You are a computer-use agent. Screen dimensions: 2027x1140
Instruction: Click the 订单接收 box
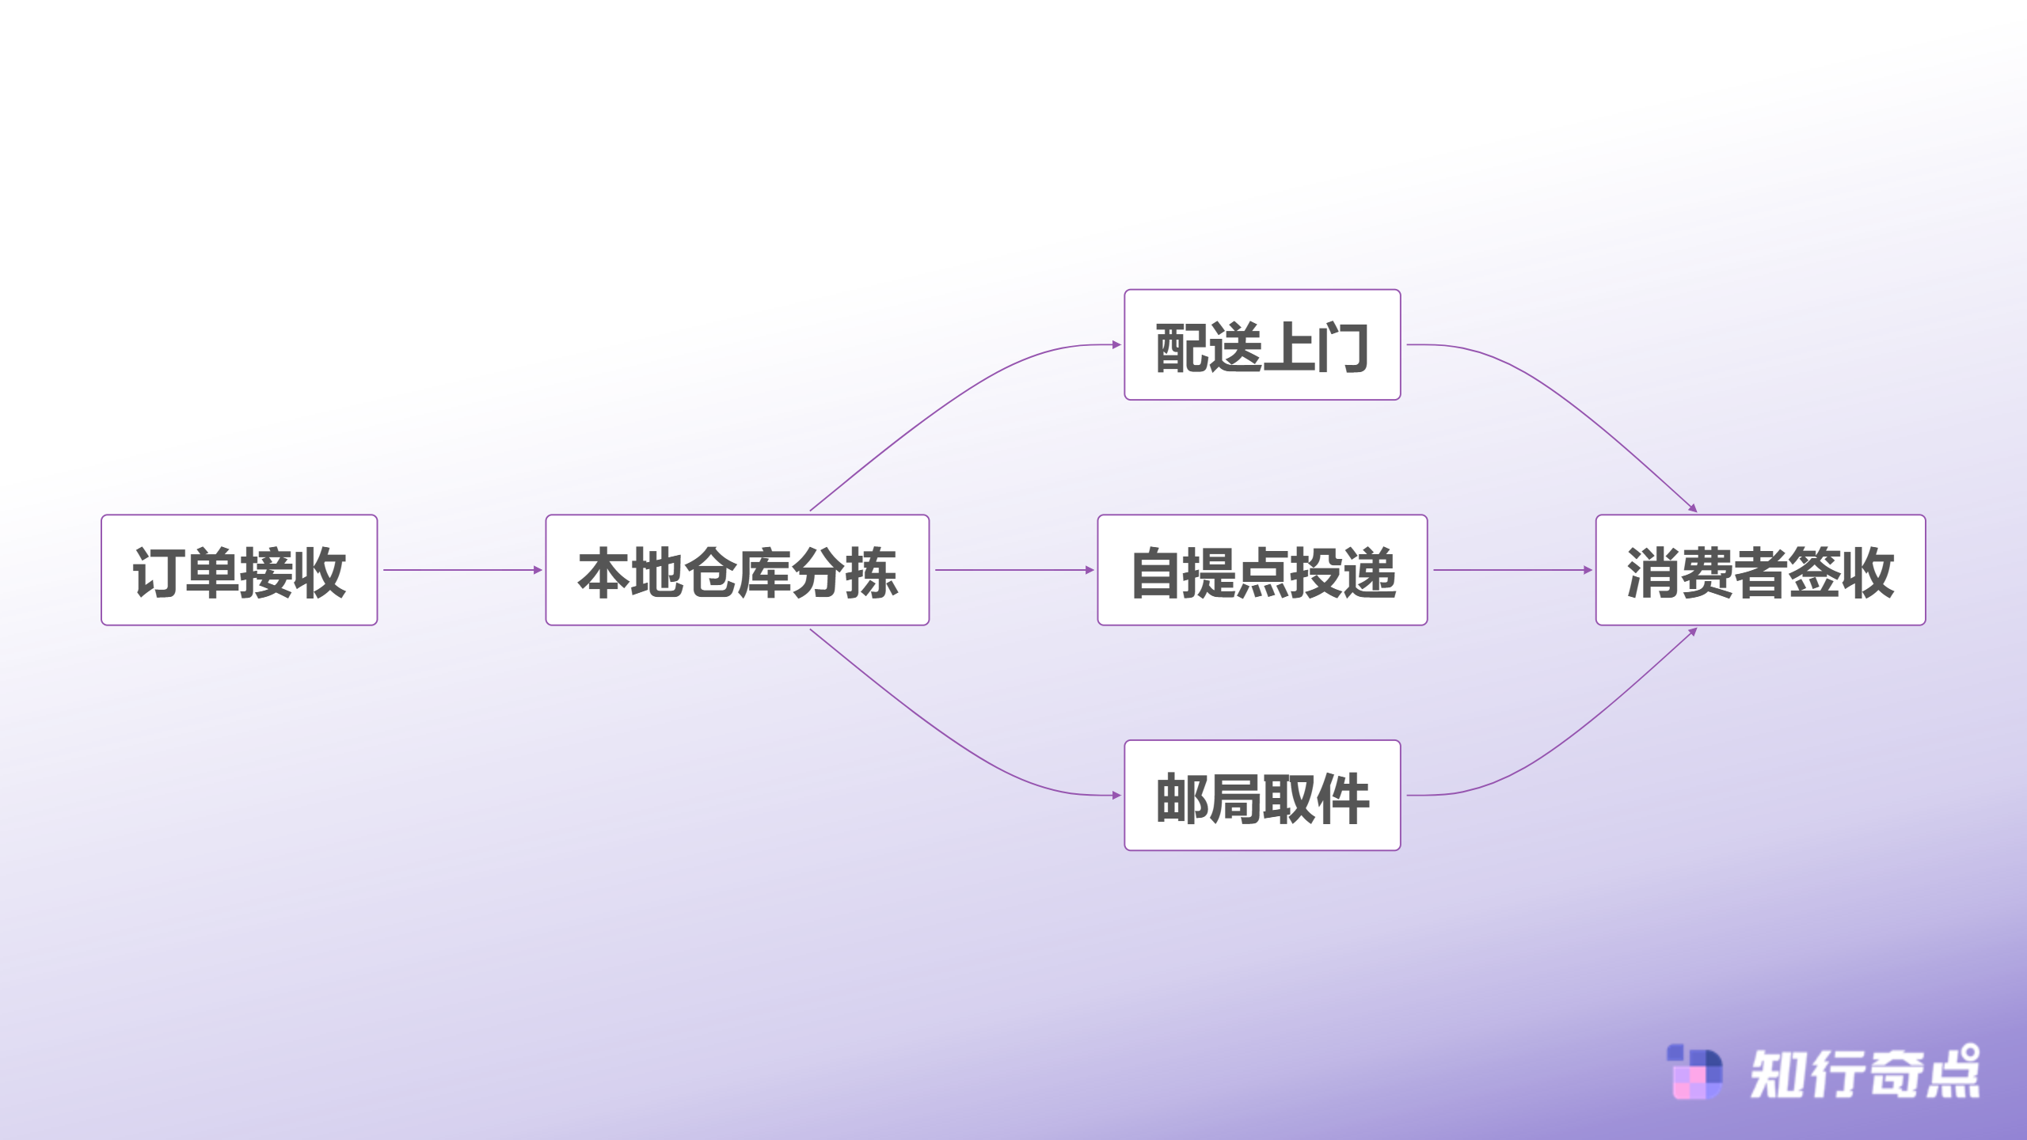[239, 570]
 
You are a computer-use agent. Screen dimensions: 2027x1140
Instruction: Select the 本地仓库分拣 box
[737, 570]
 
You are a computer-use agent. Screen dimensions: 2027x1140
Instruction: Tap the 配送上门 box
[1262, 345]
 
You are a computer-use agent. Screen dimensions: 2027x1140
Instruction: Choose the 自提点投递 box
[1262, 570]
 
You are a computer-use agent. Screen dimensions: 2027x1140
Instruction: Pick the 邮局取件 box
[1262, 796]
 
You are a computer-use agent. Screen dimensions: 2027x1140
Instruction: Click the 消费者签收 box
[1760, 570]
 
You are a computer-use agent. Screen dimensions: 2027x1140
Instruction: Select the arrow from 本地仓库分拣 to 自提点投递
[1013, 570]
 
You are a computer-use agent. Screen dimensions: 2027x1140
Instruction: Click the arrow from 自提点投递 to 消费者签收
[1512, 570]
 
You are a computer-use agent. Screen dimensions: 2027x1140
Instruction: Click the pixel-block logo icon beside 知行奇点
[1694, 1073]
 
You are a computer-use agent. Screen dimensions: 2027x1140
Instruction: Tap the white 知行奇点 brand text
[1865, 1073]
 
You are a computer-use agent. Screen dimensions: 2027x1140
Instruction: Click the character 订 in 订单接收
[158, 572]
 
